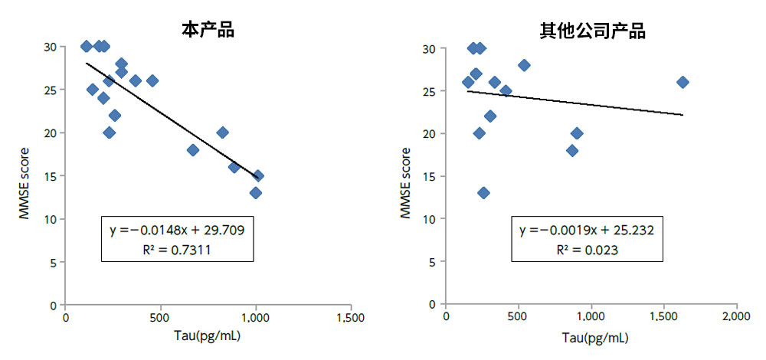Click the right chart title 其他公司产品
(x=592, y=31)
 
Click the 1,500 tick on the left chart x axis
(x=351, y=317)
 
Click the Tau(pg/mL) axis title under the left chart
(x=208, y=336)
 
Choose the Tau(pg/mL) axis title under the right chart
(x=591, y=336)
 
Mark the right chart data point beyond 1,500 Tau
(x=683, y=82)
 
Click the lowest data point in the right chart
(x=483, y=192)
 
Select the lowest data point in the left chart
(x=256, y=192)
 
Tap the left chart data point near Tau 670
(x=193, y=150)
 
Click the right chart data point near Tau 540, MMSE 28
(x=524, y=65)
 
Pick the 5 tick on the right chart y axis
(x=434, y=261)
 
